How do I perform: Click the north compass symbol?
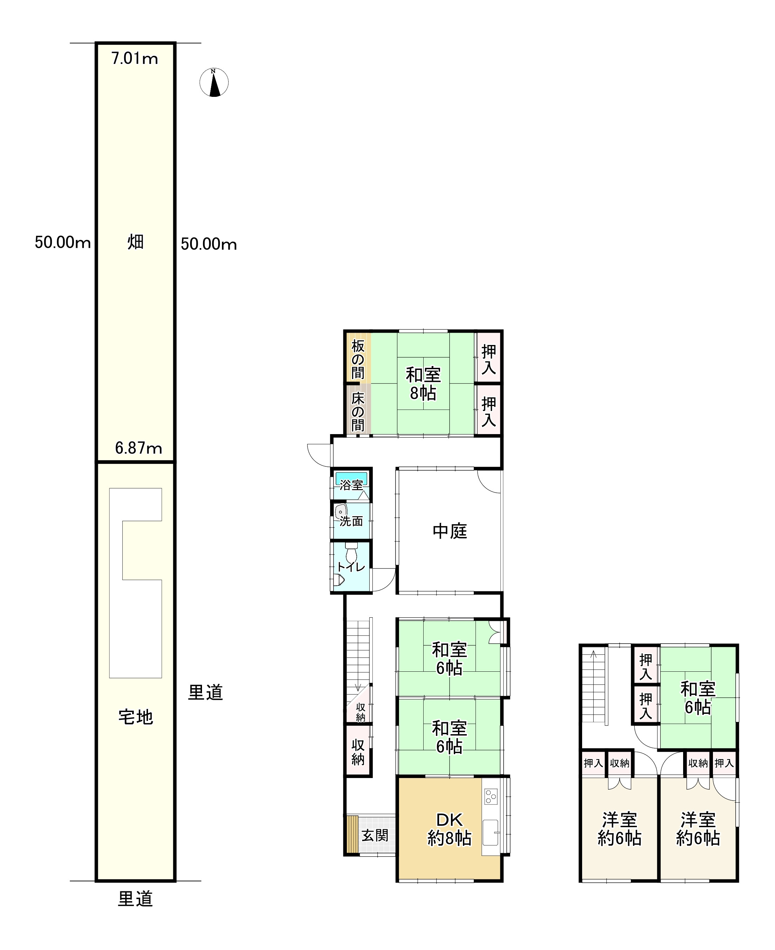pos(214,82)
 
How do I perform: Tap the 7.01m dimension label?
pos(134,59)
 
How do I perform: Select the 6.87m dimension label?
pos(139,448)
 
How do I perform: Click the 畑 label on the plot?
pos(136,242)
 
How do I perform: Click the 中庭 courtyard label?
pos(450,531)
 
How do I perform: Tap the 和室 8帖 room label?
pos(423,384)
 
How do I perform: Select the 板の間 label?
pos(358,359)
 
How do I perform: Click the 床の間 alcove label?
pos(358,411)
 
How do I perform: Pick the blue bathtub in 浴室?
pos(351,478)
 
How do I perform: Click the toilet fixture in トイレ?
pos(351,552)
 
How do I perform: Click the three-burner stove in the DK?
pos(491,796)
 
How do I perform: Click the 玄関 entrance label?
pos(375,835)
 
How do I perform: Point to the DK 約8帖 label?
pos(450,829)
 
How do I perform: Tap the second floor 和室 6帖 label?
pos(698,698)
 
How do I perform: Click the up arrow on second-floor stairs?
pos(593,655)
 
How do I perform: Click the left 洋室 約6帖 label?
pos(619,829)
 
